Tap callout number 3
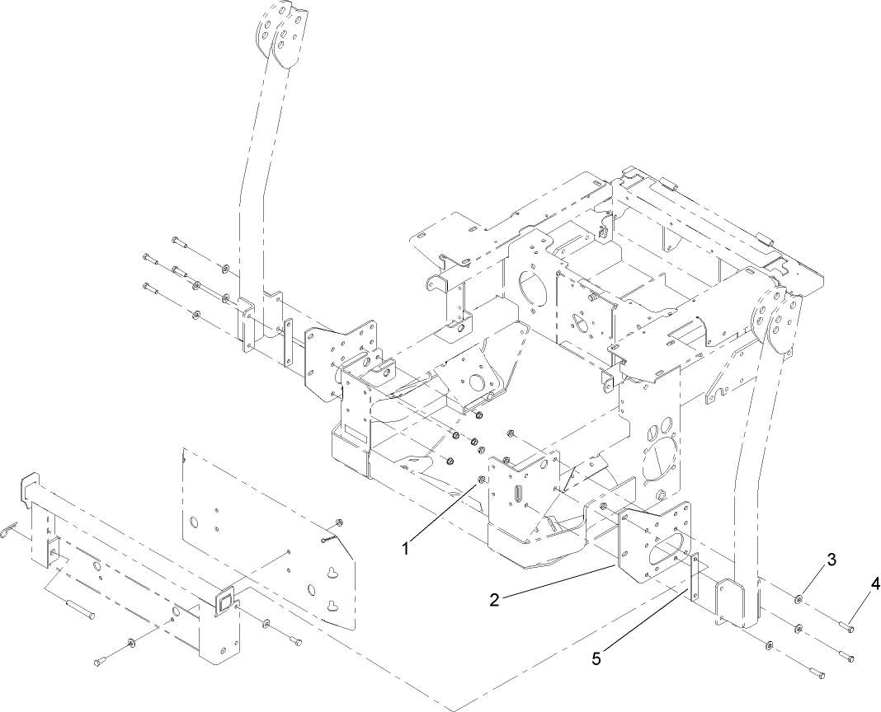[832, 560]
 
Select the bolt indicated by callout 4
[846, 629]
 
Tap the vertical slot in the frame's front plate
[520, 500]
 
